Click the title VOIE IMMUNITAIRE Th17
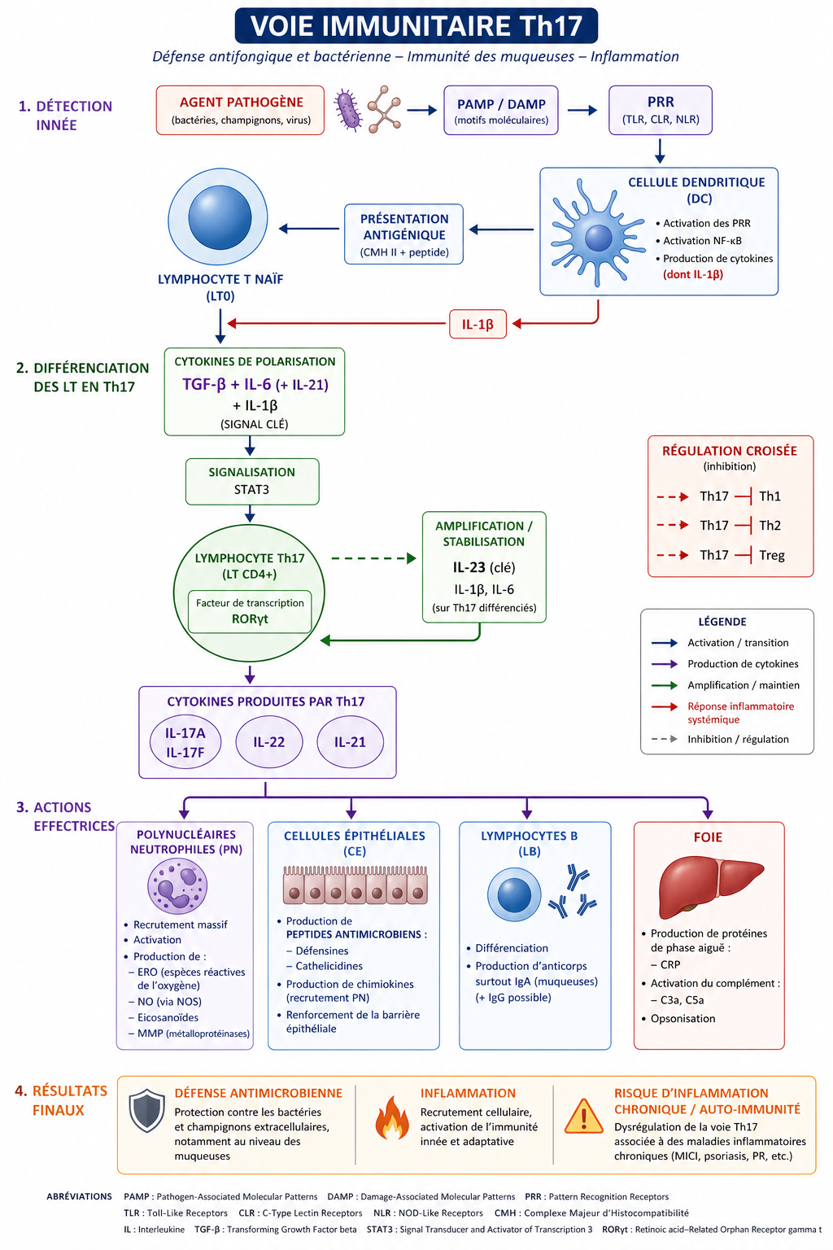[x=416, y=26]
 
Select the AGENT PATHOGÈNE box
[x=240, y=111]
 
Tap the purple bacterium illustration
[x=348, y=111]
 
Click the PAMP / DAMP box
[x=501, y=111]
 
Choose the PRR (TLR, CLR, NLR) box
[x=660, y=111]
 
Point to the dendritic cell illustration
[x=595, y=237]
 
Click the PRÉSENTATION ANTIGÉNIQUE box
[x=403, y=234]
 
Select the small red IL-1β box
[x=478, y=324]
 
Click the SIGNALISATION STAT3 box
[x=251, y=481]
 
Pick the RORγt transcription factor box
[x=250, y=611]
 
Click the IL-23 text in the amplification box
[x=469, y=567]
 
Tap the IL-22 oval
[x=268, y=741]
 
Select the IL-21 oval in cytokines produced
[x=350, y=741]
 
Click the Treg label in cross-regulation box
[x=771, y=555]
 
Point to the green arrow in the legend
[x=665, y=685]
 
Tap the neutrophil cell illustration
[x=177, y=885]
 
